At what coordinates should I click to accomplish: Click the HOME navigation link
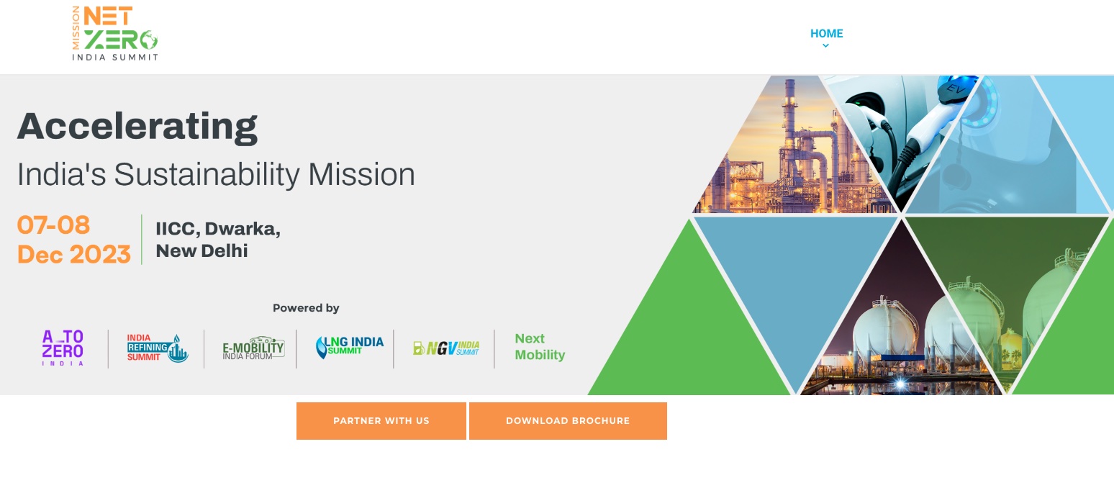(x=827, y=33)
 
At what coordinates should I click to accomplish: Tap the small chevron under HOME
(x=825, y=46)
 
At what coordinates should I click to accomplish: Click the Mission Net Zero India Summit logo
(x=115, y=33)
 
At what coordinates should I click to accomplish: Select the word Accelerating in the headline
(x=137, y=127)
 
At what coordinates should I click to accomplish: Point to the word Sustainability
(x=207, y=175)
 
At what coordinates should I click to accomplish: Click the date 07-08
(x=54, y=225)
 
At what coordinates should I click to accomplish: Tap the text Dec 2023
(x=74, y=254)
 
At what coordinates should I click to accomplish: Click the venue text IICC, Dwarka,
(x=218, y=229)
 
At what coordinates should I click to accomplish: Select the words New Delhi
(x=201, y=250)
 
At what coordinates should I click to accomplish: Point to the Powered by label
(x=306, y=308)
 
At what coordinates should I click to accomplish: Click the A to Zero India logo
(x=63, y=348)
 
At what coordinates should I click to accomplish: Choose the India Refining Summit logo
(x=157, y=348)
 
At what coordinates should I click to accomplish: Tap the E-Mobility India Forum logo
(x=253, y=348)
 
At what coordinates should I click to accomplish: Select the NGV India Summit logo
(x=446, y=348)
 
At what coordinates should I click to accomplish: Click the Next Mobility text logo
(x=540, y=347)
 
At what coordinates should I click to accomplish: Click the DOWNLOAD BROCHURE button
(x=568, y=421)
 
